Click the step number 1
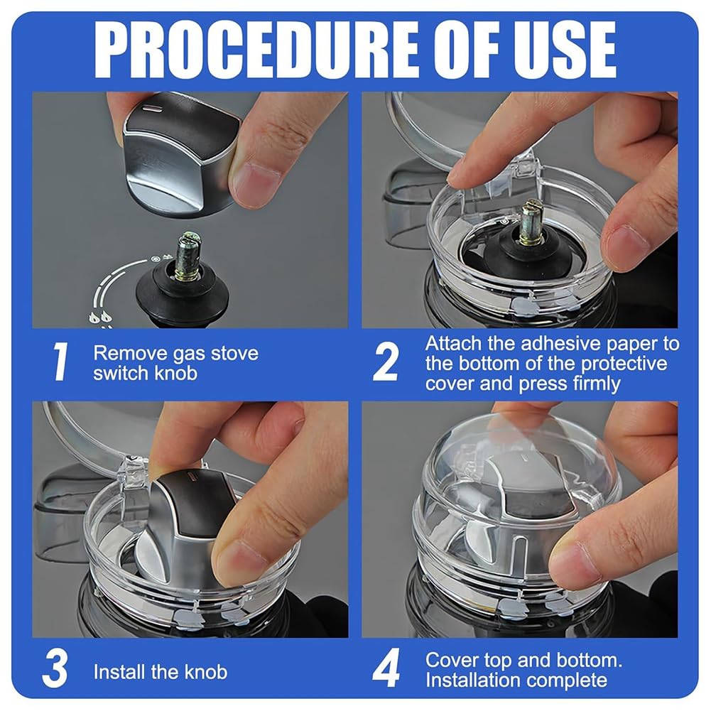(x=60, y=362)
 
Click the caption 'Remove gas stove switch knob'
(x=176, y=362)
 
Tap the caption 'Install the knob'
(x=161, y=671)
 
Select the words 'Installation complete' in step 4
(x=516, y=680)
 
